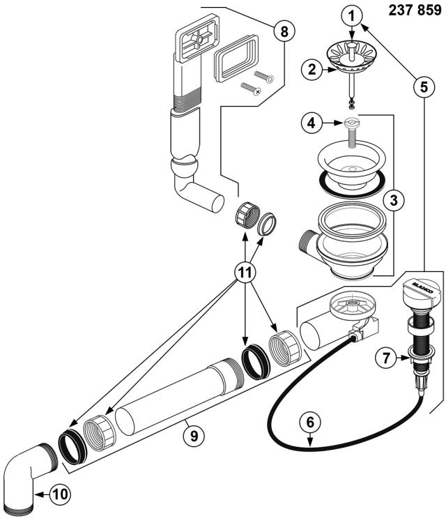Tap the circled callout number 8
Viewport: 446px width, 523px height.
coord(283,31)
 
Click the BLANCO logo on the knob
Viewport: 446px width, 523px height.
coord(423,287)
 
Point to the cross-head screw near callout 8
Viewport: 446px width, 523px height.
coord(249,89)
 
